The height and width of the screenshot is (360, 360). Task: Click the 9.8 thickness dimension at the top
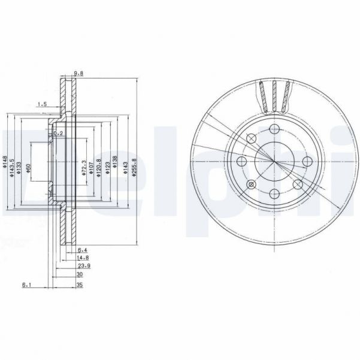pos(77,74)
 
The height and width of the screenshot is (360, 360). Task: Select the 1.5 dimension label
pos(41,104)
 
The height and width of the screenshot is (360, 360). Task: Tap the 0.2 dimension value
pos(58,133)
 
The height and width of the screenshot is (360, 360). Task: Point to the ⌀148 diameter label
pos(5,162)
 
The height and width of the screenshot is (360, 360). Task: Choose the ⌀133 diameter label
pos(20,162)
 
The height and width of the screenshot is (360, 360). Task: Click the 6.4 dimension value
pos(83,250)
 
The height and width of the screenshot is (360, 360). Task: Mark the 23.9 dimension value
pos(84,266)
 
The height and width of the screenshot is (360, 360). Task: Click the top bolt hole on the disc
pos(274,129)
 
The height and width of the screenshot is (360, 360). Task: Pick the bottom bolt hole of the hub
pos(274,193)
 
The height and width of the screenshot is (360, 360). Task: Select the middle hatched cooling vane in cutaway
pos(275,95)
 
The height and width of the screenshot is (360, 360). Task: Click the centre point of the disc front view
pos(274,162)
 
